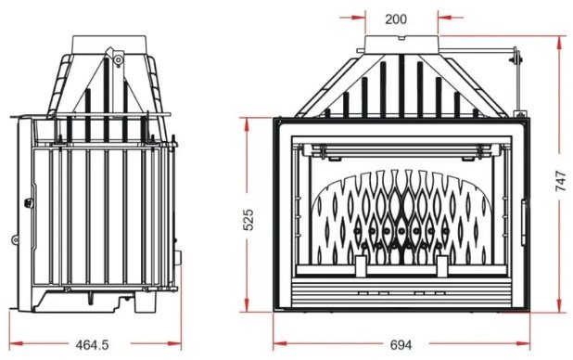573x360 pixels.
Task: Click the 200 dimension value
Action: click(x=396, y=19)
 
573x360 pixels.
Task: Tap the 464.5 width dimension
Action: click(x=92, y=344)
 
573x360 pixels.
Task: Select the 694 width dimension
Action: click(x=401, y=344)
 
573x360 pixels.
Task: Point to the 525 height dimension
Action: click(x=248, y=220)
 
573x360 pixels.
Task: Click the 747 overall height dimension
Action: click(x=561, y=181)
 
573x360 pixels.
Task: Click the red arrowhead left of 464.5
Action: click(x=16, y=343)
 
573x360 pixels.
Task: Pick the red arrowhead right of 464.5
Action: click(x=174, y=343)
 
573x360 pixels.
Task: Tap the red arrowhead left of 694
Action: click(x=280, y=343)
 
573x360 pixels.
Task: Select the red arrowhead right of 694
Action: click(x=523, y=343)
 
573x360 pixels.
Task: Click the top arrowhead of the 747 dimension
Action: click(x=559, y=43)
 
